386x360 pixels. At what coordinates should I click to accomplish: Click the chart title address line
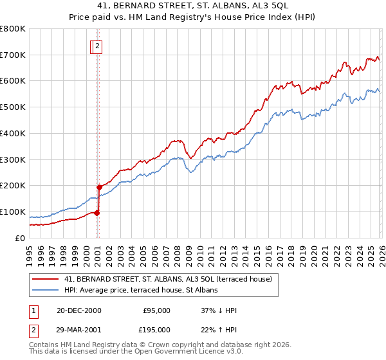[x=193, y=6]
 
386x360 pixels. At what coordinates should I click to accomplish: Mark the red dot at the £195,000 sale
[x=99, y=187]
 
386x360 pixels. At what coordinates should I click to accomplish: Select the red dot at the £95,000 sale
[x=96, y=213]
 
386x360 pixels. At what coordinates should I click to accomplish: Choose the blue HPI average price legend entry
[x=141, y=291]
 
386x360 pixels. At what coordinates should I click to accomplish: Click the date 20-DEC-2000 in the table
[x=79, y=310]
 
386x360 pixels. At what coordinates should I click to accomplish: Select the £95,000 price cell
[x=156, y=310]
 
